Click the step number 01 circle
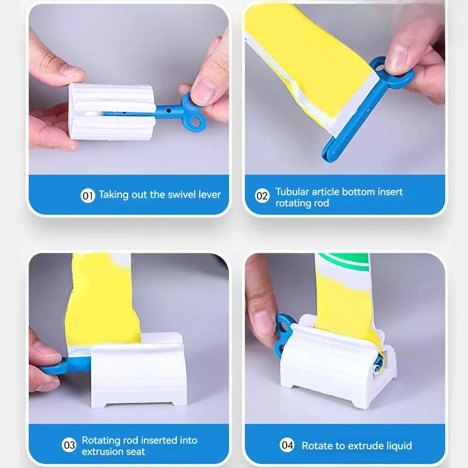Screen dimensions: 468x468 coord(88,196)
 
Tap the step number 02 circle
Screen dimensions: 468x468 coord(263,196)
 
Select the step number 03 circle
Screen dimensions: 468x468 coord(69,445)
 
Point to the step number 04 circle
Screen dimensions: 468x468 coord(287,445)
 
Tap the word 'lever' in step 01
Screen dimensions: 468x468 coord(209,195)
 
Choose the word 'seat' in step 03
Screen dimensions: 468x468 coord(136,452)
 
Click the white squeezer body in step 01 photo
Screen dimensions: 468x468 coord(112,112)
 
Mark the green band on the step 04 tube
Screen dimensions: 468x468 coord(343,262)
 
